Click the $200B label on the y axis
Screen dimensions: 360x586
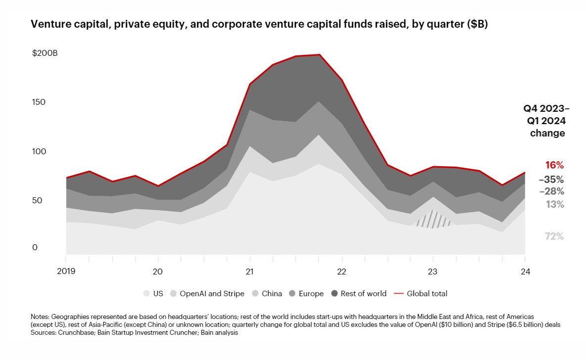coord(45,53)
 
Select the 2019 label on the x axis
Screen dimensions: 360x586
coord(66,271)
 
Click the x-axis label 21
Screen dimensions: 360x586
coord(250,271)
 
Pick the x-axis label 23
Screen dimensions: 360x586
coord(433,271)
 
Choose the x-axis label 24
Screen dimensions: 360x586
coord(525,271)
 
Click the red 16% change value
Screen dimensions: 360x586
coord(554,165)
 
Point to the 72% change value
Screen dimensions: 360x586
coord(554,236)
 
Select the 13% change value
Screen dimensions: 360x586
coord(555,204)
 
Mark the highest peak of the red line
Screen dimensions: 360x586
coord(319,55)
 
